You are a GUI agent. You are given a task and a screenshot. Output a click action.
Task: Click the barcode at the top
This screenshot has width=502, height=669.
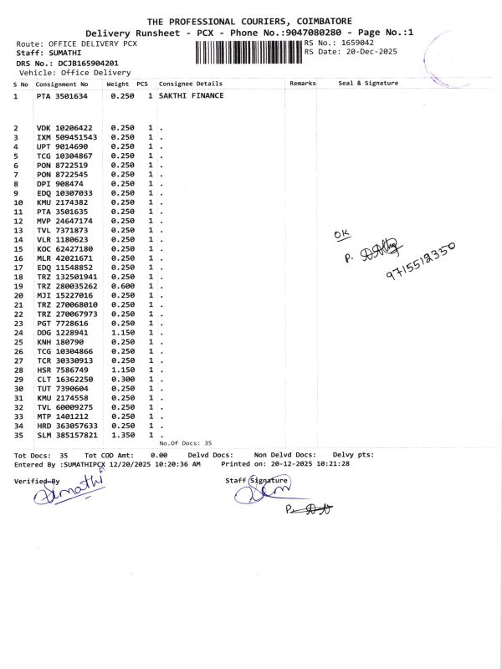(x=248, y=52)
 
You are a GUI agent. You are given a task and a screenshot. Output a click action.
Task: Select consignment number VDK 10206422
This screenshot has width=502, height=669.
(x=67, y=128)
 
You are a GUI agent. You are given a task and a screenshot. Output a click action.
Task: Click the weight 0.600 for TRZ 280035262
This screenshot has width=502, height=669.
(x=122, y=285)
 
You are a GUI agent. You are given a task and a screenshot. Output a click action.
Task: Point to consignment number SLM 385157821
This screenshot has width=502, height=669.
(x=67, y=435)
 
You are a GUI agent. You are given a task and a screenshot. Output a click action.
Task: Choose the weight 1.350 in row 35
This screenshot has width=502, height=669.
(x=122, y=435)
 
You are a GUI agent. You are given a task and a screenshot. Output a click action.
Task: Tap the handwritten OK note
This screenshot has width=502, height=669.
(x=339, y=236)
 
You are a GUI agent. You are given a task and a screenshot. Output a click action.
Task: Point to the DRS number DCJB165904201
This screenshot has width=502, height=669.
(x=86, y=63)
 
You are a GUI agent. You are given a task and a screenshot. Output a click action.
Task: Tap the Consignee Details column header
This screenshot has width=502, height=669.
(x=191, y=84)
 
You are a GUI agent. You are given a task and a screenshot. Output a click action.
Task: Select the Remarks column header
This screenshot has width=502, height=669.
(x=302, y=84)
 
